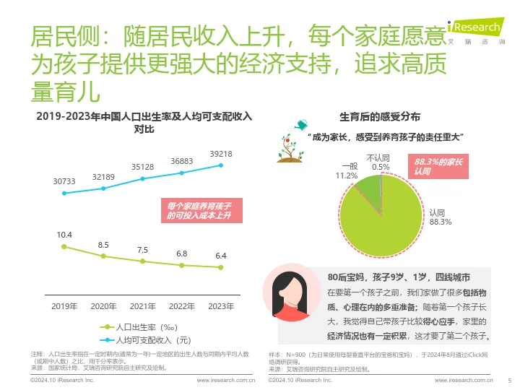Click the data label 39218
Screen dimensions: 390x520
221,154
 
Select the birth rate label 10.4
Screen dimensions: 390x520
64,235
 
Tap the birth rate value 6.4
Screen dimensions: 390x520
221,256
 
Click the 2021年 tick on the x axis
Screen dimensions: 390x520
142,306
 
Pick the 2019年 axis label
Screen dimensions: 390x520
64,306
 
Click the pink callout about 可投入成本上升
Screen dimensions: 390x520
200,210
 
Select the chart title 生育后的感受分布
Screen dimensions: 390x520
385,117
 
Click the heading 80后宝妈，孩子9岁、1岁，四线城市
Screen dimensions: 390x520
399,277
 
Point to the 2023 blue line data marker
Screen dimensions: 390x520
221,165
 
